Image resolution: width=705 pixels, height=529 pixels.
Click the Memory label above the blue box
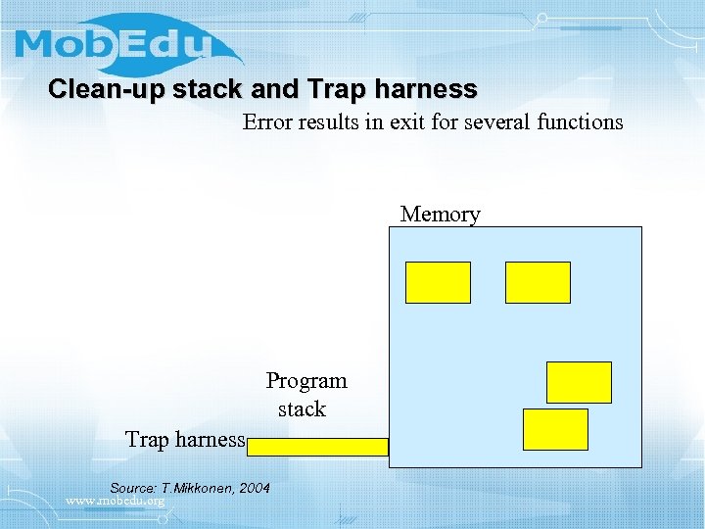pyautogui.click(x=441, y=214)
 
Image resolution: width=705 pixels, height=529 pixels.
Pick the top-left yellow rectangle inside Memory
pyautogui.click(x=438, y=282)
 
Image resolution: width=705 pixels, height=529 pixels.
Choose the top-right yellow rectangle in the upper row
pyautogui.click(x=538, y=282)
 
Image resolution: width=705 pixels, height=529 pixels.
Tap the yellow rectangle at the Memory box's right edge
pyautogui.click(x=579, y=382)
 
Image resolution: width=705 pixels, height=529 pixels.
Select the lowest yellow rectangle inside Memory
pyautogui.click(x=555, y=429)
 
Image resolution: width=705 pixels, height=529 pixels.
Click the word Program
pyautogui.click(x=306, y=380)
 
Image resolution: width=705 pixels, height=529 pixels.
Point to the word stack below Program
pyautogui.click(x=302, y=409)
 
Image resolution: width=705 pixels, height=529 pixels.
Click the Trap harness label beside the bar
pyautogui.click(x=185, y=440)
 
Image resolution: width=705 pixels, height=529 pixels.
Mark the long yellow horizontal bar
pyautogui.click(x=318, y=447)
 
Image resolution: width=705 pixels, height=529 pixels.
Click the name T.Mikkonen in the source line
pyautogui.click(x=198, y=488)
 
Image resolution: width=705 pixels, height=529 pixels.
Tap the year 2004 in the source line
pyautogui.click(x=255, y=488)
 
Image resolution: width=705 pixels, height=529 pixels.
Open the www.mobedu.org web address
pyautogui.click(x=115, y=502)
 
